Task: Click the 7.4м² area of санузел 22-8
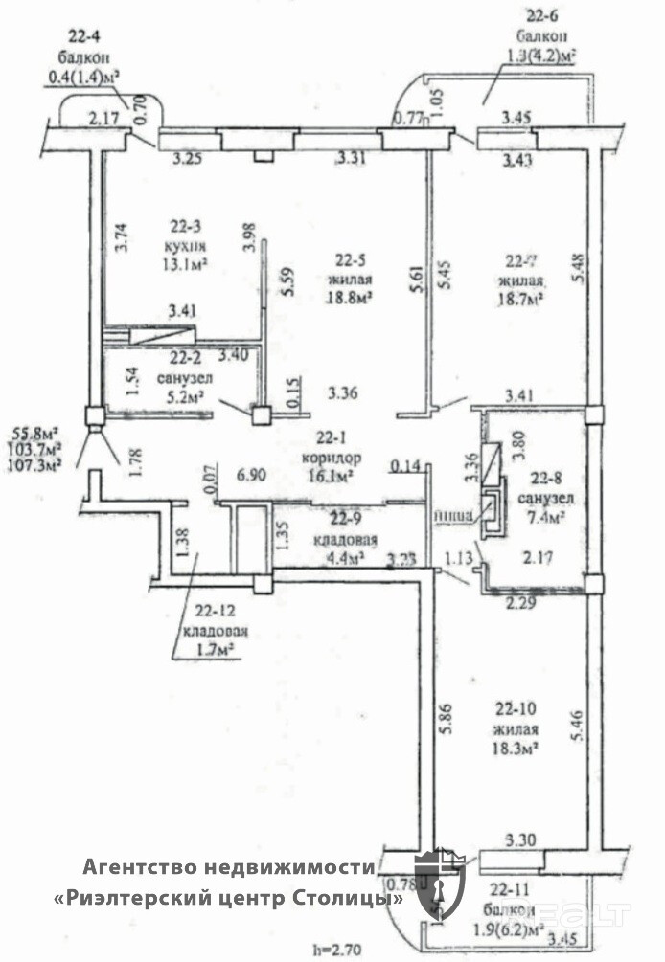tap(542, 517)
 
